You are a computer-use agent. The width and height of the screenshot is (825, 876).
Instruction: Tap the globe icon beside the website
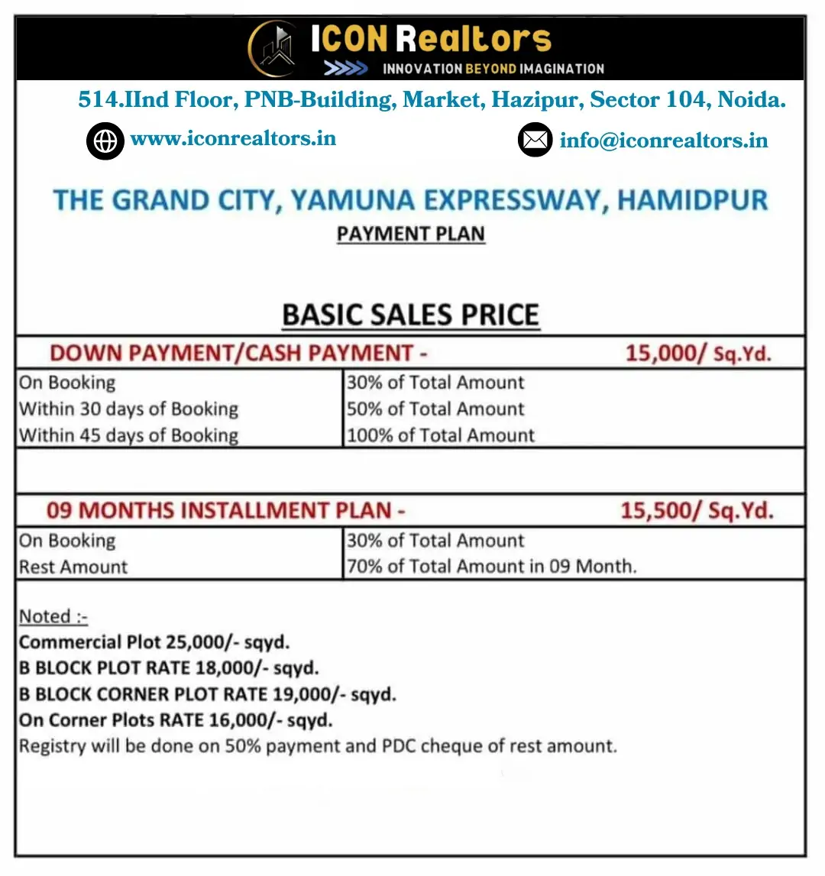point(105,141)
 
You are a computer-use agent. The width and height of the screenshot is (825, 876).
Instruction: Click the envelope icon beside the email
point(535,141)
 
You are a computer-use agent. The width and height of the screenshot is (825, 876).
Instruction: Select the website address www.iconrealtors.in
point(233,139)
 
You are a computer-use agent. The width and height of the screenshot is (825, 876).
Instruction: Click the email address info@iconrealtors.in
point(663,141)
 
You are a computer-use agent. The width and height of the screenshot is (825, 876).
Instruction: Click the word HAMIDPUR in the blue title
point(692,201)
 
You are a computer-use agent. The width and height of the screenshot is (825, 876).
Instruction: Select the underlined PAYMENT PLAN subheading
point(411,234)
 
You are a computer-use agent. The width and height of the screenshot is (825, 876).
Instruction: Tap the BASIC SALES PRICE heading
point(411,315)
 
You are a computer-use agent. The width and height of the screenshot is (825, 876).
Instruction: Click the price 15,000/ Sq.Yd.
point(698,354)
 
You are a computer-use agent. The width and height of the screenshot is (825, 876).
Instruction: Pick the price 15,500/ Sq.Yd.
point(697,510)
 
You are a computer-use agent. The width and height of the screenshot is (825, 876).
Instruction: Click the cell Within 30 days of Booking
point(128,409)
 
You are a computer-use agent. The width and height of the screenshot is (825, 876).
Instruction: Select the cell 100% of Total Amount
point(441,435)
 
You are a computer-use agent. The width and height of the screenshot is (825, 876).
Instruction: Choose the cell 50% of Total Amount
point(435,409)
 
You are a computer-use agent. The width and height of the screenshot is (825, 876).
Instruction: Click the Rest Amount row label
point(73,567)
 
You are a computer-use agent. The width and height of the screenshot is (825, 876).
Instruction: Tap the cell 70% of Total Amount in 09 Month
point(491,567)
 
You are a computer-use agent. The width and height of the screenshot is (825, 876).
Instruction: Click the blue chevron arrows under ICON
point(345,69)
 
